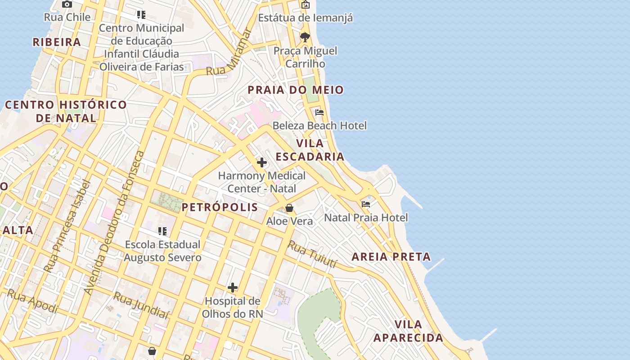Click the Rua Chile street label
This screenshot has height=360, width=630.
(67, 17)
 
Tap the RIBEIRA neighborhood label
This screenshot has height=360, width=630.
(57, 42)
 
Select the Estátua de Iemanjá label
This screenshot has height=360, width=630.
(305, 18)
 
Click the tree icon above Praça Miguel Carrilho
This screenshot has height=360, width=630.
(305, 37)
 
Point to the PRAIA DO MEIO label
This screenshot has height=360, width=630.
(296, 90)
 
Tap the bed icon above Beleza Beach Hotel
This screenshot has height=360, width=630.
(319, 112)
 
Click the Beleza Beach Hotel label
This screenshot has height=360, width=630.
(319, 126)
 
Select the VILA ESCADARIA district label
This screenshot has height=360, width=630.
(310, 150)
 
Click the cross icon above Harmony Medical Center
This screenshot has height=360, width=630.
(261, 162)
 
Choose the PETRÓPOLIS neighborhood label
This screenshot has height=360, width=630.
(220, 207)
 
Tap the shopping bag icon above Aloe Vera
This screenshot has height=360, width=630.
(289, 208)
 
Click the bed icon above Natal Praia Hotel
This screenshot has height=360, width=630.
(366, 204)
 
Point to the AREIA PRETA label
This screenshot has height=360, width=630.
(391, 257)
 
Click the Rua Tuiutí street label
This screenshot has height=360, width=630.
(313, 254)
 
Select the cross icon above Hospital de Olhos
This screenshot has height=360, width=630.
(233, 288)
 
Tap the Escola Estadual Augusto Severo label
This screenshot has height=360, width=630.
(162, 251)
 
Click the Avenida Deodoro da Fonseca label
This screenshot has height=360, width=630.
(115, 223)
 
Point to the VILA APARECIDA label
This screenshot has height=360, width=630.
(408, 331)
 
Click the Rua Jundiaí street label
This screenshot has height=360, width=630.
(141, 305)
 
